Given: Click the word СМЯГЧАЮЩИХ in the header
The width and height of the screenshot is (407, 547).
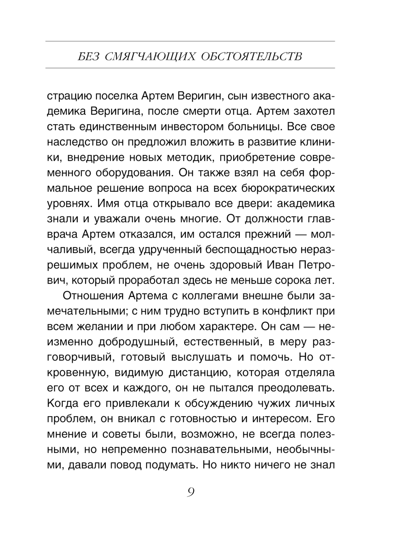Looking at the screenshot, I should [x=150, y=56].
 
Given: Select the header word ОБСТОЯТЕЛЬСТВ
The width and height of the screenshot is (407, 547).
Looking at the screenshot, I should [x=252, y=56].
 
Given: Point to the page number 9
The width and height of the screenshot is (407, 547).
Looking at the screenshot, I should [x=190, y=492].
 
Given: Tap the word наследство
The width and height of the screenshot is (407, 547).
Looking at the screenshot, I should [x=77, y=142].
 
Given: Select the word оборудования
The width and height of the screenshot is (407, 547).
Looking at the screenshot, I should [x=133, y=173].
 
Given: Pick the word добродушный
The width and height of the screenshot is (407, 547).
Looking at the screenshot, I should [x=137, y=342].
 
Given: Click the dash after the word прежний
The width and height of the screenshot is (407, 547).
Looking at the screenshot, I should [x=301, y=234].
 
